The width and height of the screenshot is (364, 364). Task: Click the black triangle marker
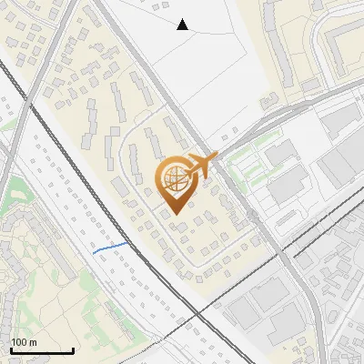pyautogui.click(x=182, y=25)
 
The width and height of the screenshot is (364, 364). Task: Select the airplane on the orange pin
pyautogui.click(x=202, y=165)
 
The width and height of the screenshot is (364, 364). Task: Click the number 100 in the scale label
pyautogui.click(x=19, y=342)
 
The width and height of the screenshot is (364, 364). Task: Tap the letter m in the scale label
pyautogui.click(x=33, y=342)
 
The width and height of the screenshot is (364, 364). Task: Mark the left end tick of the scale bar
pyautogui.click(x=11, y=350)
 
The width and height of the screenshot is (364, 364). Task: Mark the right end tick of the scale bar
pyautogui.click(x=73, y=350)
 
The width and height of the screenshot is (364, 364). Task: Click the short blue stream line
pyautogui.click(x=109, y=247)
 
